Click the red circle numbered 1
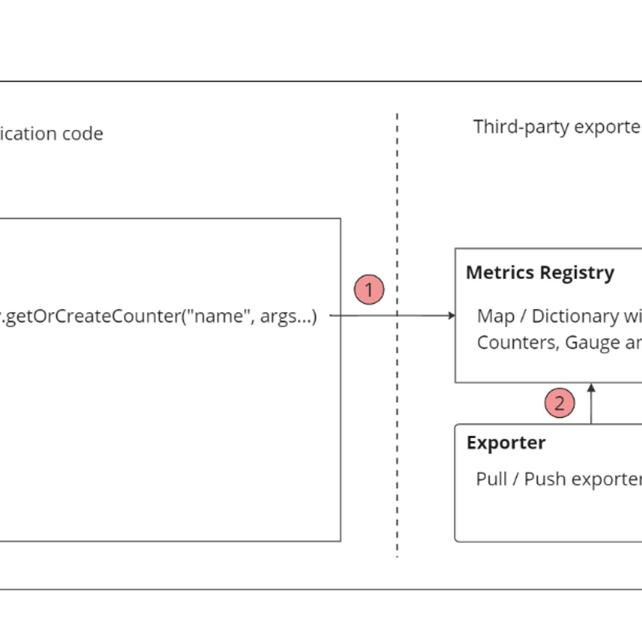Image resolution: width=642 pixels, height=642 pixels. point(369,289)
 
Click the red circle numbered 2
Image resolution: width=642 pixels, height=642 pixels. point(559,403)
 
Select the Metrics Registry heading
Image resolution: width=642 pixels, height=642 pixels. point(540,272)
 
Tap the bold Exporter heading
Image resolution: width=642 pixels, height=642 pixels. point(506,443)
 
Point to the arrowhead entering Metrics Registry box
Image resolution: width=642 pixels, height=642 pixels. point(452,315)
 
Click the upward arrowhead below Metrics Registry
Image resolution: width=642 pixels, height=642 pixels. point(591,388)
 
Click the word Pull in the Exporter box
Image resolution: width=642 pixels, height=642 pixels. point(491,479)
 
